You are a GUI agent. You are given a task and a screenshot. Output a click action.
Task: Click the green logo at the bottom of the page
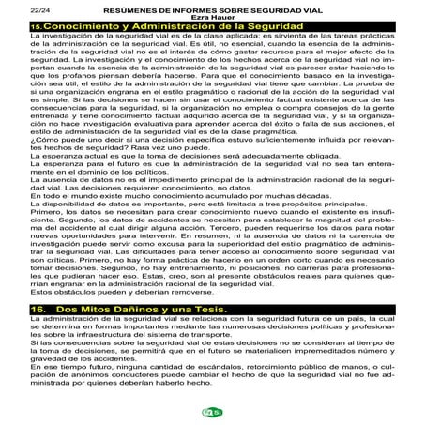[212, 412]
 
